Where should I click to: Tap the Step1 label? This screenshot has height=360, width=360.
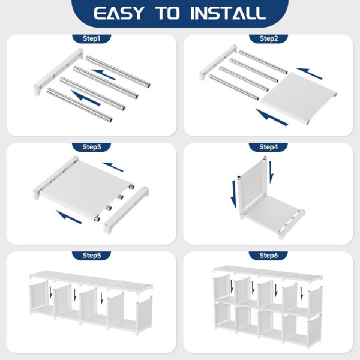(91, 39)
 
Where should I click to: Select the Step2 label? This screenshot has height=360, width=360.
(269, 39)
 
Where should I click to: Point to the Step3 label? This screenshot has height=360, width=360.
(91, 147)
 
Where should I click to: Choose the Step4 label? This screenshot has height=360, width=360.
(269, 147)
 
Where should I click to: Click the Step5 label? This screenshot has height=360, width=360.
(91, 256)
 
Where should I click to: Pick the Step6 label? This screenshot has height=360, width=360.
(269, 256)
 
